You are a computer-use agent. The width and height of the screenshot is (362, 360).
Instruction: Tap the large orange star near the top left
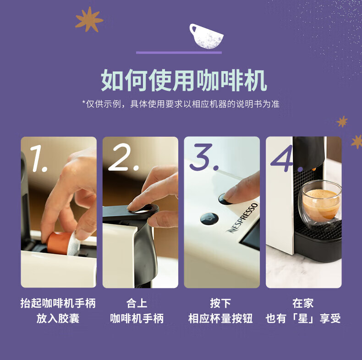point(89,19)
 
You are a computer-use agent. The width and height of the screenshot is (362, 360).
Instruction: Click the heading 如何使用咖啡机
point(184,80)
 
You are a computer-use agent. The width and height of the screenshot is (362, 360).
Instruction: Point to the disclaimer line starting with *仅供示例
point(181,104)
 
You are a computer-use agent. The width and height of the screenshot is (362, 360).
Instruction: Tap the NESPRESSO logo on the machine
point(242,218)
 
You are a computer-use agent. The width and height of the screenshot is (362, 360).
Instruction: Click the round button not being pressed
point(209,219)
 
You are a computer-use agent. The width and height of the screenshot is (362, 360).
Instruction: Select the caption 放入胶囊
point(58,318)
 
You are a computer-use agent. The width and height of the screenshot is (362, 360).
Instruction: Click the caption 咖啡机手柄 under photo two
point(137,318)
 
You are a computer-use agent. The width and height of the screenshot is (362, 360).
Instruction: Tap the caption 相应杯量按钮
point(220,318)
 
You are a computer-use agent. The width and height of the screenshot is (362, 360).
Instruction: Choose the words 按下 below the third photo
point(220,303)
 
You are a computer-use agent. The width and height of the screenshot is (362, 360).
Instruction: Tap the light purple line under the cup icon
point(179,53)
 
